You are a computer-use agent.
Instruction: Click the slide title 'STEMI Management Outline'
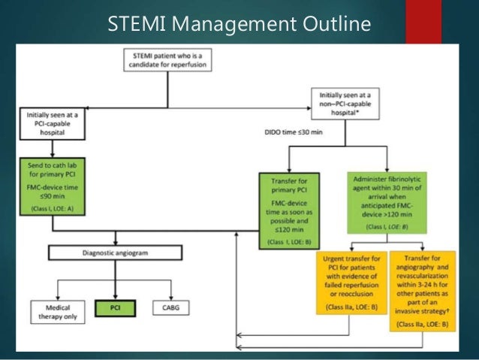tap(239, 24)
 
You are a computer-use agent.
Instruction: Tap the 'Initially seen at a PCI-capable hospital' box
tap(53, 123)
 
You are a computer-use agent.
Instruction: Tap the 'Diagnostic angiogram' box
tap(115, 254)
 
